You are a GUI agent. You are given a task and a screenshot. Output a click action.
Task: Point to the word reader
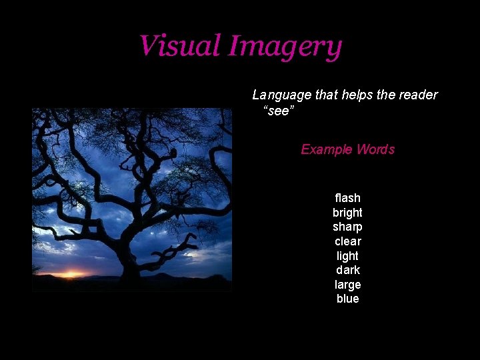(x=417, y=95)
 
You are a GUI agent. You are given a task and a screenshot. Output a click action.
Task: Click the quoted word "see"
(x=279, y=110)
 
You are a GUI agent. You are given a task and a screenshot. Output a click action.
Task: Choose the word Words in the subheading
(x=375, y=149)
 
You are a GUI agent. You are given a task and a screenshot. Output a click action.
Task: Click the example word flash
(x=347, y=198)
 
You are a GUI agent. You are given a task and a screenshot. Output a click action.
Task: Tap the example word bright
(x=347, y=213)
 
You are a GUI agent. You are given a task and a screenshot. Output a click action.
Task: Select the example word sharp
(x=347, y=227)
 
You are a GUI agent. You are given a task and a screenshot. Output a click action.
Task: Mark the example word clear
(x=347, y=241)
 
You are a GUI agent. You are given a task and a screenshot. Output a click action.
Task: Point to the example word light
(x=347, y=256)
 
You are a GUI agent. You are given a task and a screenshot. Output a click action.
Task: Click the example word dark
(x=347, y=270)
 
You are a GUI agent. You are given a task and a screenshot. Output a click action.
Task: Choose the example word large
(x=347, y=285)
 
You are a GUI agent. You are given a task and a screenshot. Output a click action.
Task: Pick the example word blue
(x=347, y=299)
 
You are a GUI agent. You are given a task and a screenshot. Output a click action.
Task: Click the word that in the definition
(x=327, y=95)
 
